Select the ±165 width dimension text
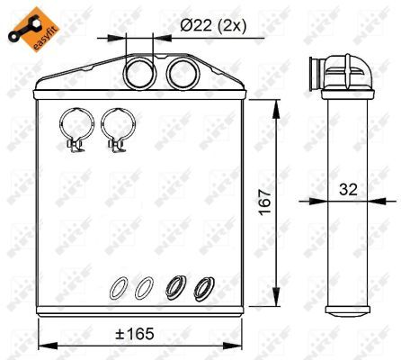tap(136, 335)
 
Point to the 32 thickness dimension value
tap(350, 189)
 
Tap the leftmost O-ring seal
tap(118, 288)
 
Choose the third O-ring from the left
tap(175, 288)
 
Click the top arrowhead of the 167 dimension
tap(272, 103)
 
